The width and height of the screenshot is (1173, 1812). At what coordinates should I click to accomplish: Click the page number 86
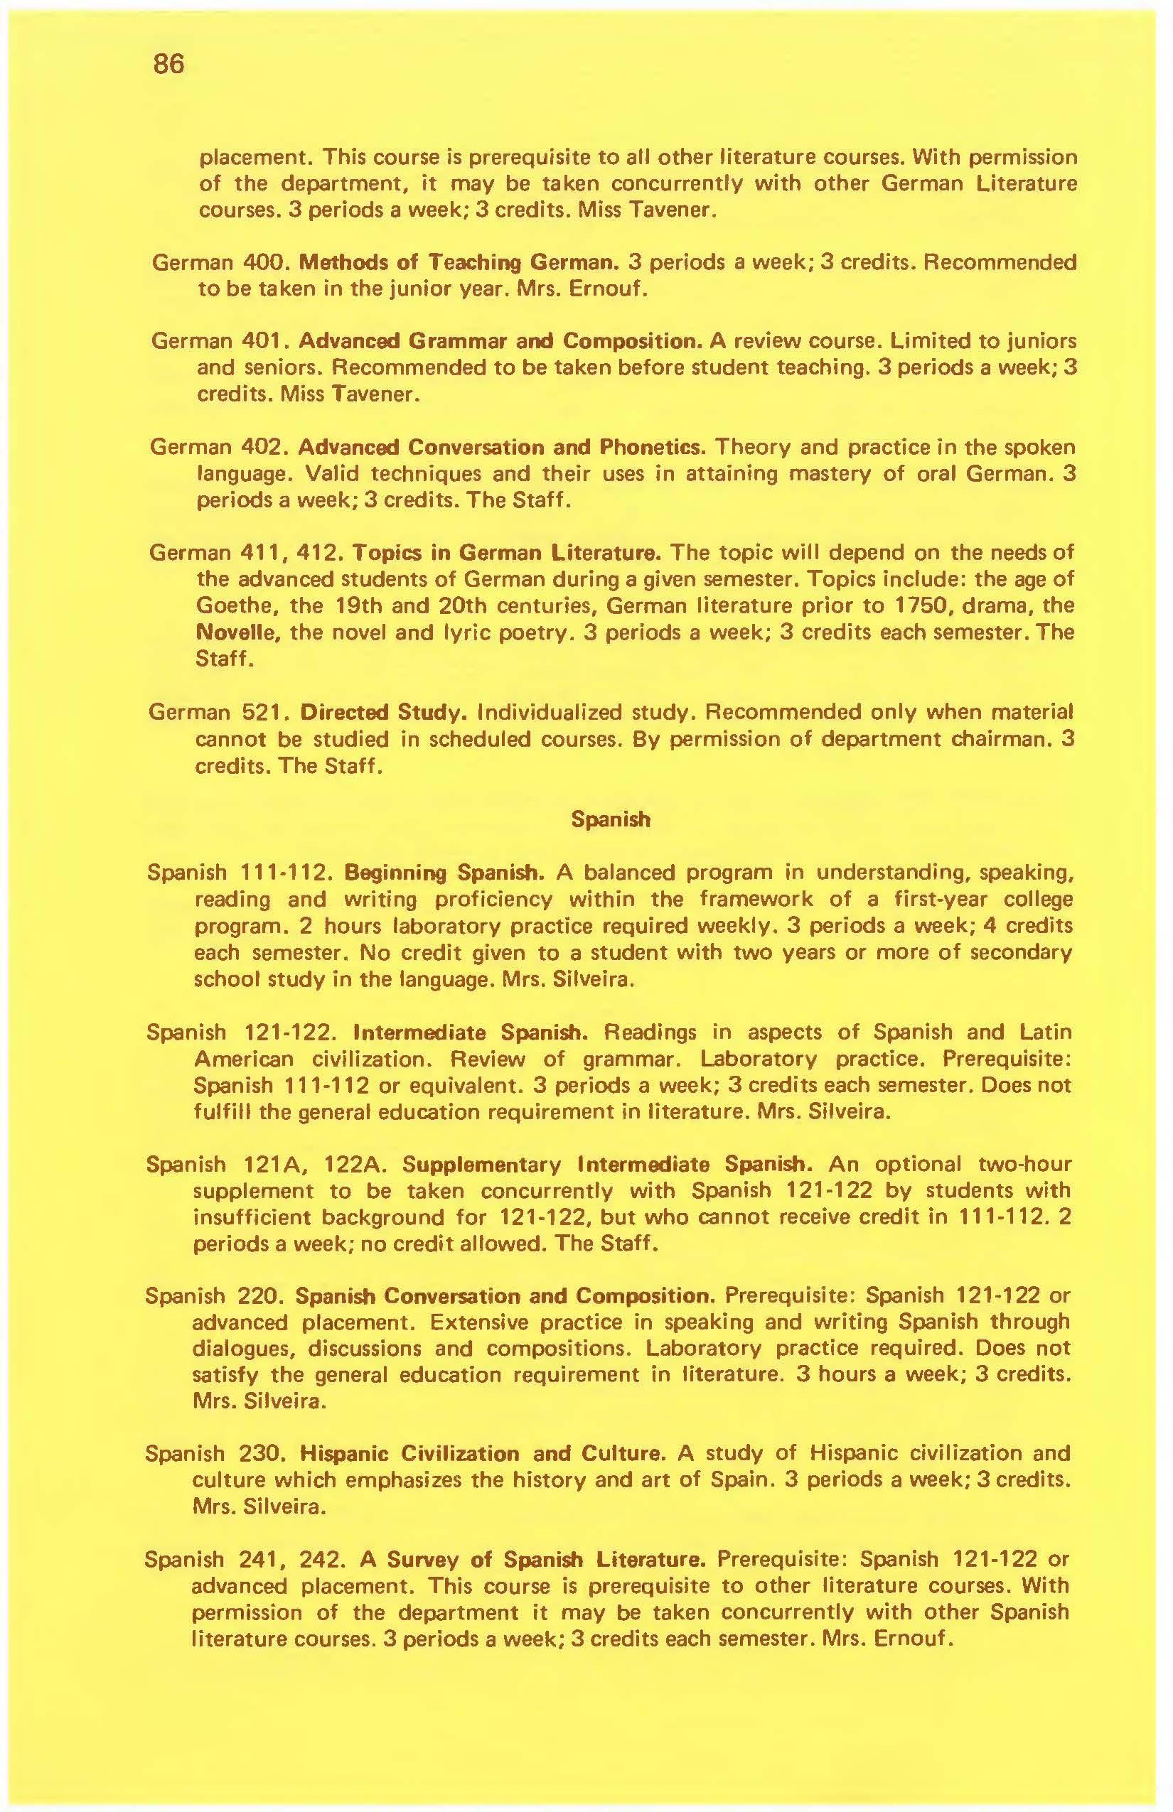[x=168, y=64]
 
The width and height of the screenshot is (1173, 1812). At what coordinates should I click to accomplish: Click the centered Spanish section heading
[x=611, y=819]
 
